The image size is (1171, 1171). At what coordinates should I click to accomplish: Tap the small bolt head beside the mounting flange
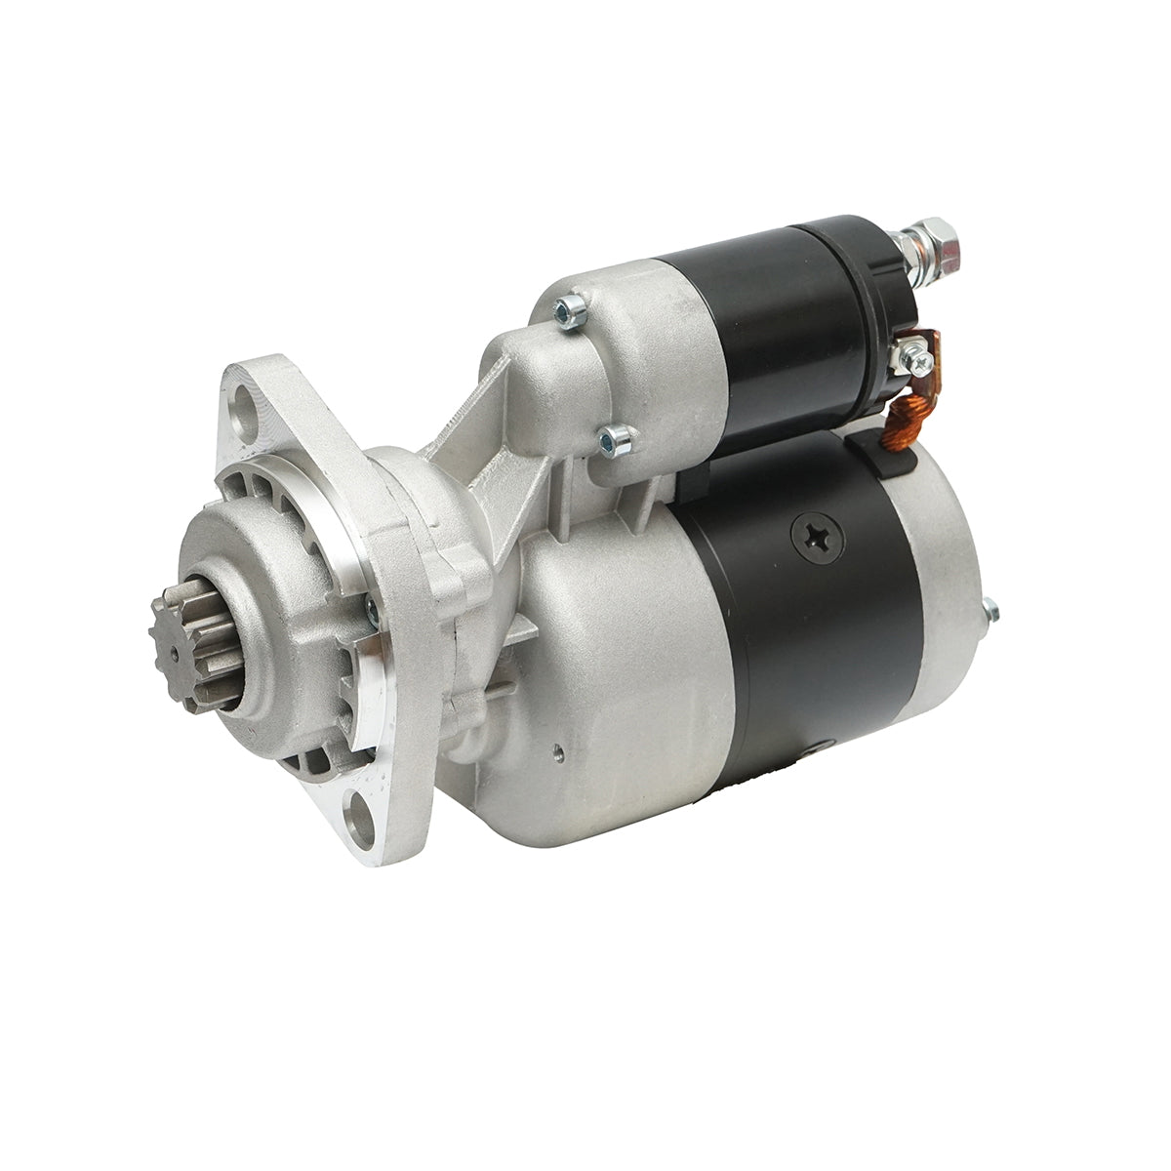(x=373, y=610)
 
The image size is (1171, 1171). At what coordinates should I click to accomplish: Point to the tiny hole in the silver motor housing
(x=555, y=752)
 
